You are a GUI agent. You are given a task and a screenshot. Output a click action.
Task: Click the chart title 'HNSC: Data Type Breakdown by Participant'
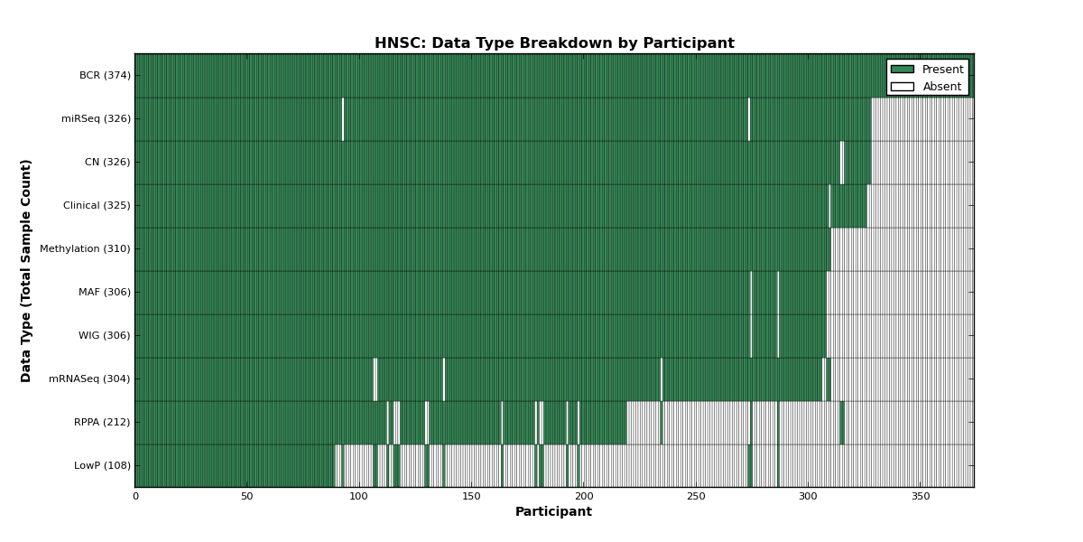tap(554, 43)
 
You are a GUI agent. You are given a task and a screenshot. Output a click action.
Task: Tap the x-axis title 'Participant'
tap(553, 511)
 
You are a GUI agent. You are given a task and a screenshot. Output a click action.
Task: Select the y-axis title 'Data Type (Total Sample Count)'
tap(25, 271)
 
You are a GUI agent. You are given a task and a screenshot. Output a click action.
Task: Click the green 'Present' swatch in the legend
tap(902, 70)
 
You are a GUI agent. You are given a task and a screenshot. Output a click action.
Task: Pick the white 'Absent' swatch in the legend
tap(902, 87)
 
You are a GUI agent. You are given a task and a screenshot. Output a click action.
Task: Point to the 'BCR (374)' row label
tap(105, 76)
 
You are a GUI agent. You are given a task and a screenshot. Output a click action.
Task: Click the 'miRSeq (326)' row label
tap(97, 118)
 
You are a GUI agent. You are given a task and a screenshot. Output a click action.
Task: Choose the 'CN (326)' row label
tap(107, 162)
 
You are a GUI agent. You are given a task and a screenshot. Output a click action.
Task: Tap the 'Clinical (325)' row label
tap(97, 205)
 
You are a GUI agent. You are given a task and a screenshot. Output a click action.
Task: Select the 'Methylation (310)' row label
tap(85, 248)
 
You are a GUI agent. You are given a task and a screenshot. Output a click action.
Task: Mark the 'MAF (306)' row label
tap(105, 292)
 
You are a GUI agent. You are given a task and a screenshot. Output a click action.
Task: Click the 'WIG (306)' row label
tap(105, 335)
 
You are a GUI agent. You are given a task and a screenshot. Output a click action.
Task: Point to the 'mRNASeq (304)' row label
tap(89, 378)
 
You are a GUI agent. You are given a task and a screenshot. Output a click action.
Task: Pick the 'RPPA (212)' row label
tap(102, 422)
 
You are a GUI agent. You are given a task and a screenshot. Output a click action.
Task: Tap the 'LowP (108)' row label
tap(102, 465)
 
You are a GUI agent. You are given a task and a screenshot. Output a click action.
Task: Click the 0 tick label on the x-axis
tap(135, 497)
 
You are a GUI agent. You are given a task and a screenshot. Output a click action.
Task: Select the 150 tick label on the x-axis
tap(471, 497)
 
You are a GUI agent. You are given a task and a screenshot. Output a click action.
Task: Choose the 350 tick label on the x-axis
tap(921, 497)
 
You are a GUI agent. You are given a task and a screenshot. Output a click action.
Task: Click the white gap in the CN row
tap(842, 163)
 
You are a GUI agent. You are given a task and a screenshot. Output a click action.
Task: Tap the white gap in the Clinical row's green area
tap(829, 206)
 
